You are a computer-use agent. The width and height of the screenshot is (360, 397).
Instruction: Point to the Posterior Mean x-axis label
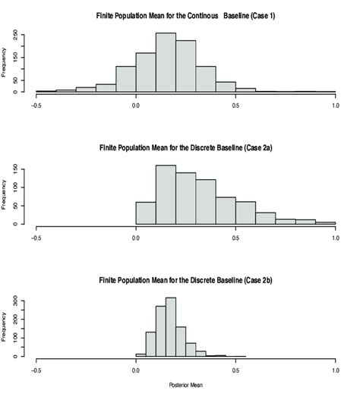[185, 385]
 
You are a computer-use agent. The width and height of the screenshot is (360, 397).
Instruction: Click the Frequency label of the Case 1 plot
[7, 63]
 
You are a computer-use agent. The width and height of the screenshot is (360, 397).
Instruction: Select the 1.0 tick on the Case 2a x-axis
[335, 237]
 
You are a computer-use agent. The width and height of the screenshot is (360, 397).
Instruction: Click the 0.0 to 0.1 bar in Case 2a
[146, 213]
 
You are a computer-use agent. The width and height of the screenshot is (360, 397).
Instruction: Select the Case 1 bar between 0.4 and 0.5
[226, 87]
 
